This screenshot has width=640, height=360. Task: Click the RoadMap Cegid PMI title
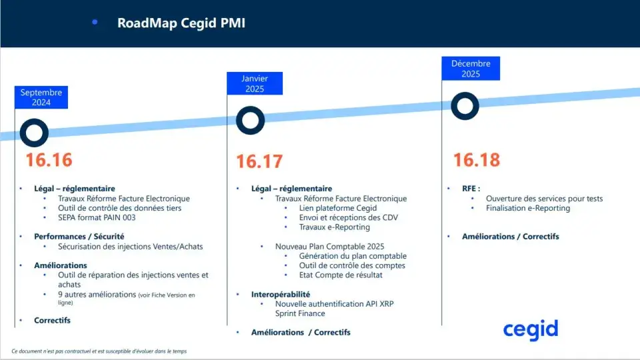[181, 23]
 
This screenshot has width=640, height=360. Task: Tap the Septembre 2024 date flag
[41, 97]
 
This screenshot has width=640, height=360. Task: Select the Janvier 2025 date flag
[255, 83]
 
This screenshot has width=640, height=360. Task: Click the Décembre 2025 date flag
[471, 69]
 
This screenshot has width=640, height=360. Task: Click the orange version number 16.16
[49, 159]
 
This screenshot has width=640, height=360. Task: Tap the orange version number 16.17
[259, 161]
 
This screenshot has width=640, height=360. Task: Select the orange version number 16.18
[477, 159]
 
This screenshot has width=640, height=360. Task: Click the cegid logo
[531, 330]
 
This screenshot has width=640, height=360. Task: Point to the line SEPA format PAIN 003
[97, 217]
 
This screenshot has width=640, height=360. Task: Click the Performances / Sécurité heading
[79, 236]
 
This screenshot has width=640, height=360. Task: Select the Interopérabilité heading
[281, 294]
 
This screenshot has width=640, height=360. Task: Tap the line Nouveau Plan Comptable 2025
[330, 247]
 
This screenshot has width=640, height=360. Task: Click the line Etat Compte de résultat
[341, 275]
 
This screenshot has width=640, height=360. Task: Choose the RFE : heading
[471, 189]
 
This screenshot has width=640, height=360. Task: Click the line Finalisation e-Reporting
[528, 208]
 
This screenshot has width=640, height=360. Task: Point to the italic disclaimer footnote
[99, 351]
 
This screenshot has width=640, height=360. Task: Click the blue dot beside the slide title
[95, 22]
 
